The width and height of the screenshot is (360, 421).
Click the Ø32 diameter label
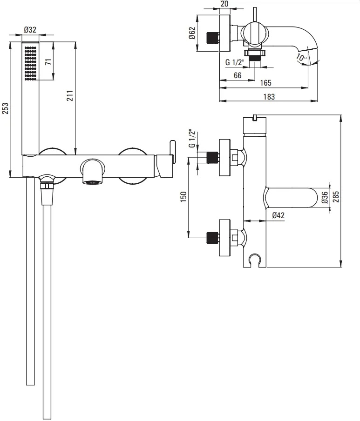30,29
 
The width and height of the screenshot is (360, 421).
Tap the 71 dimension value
48,61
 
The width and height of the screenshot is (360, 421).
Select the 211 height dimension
70,95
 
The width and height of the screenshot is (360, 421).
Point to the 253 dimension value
6,108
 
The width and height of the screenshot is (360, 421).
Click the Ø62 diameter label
192,33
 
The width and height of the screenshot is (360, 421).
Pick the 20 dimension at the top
224,4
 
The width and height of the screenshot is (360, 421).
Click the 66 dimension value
238,75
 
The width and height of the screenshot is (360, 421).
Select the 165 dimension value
265,83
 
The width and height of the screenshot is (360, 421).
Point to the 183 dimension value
269,97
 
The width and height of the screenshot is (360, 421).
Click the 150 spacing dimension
183,197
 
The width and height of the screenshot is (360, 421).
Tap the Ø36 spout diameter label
325,197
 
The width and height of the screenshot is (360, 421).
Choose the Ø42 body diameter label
278,215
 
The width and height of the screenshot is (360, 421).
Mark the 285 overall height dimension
336,197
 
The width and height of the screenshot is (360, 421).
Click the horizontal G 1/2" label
235,62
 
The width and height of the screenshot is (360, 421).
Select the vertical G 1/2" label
192,139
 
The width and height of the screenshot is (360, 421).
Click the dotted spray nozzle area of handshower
31,63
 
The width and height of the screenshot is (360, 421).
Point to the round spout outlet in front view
93,182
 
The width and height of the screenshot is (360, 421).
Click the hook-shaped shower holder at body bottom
254,260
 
